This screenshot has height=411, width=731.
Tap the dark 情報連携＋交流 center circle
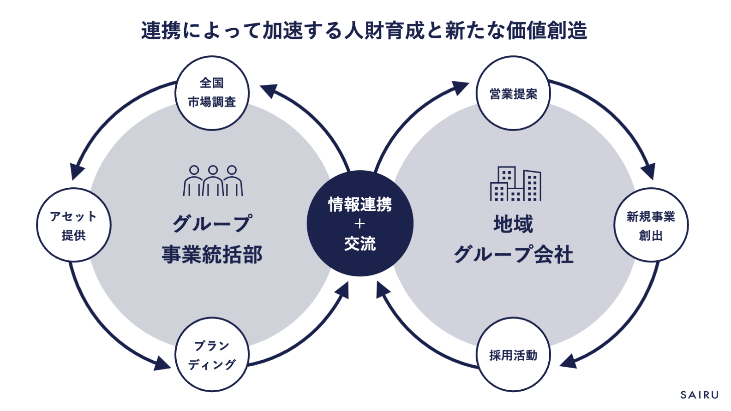tap(360, 223)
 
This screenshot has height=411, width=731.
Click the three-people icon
tap(213, 181)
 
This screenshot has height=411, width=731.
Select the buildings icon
tap(515, 184)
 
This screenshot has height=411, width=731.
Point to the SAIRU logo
tap(699, 395)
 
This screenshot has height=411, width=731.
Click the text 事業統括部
tap(212, 255)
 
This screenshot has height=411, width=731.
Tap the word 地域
tap(513, 224)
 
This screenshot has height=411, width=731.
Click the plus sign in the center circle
tap(360, 224)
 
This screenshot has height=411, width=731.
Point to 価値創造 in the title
tap(546, 30)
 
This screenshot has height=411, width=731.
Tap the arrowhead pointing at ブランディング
tap(162, 363)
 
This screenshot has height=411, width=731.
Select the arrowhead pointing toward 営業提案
tap(461, 88)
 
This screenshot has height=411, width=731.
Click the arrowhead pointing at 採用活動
tap(568, 362)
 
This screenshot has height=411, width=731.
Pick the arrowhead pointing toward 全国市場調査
tap(269, 90)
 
